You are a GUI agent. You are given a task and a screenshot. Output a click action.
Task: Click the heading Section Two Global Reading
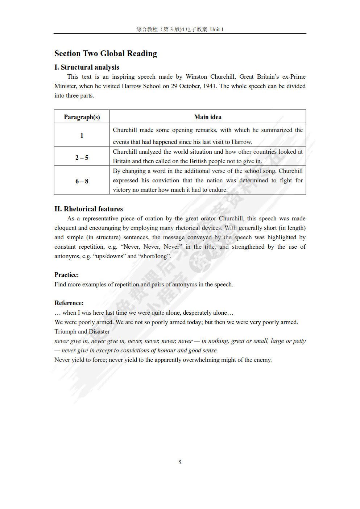[x=105, y=54]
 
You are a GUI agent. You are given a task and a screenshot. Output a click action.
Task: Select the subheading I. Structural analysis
[x=87, y=67]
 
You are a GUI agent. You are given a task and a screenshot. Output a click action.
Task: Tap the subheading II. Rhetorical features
[x=88, y=209]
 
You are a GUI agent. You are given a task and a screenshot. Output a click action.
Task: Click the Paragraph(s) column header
[x=82, y=117]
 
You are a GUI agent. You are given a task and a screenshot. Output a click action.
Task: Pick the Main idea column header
[x=208, y=117]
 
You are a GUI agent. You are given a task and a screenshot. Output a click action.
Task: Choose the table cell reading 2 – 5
[x=82, y=157]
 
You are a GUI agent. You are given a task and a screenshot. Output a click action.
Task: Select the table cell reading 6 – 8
[x=82, y=181]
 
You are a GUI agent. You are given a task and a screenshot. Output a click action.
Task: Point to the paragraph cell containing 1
[x=82, y=136]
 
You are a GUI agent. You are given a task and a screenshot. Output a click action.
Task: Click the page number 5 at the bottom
[x=180, y=462]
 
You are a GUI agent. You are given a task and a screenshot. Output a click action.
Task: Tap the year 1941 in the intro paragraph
[x=210, y=86]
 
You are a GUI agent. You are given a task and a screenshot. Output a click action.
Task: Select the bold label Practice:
[x=67, y=275]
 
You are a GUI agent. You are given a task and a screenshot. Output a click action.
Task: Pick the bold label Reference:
[x=69, y=303]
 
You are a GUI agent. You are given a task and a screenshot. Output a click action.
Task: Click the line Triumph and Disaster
[x=82, y=331]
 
